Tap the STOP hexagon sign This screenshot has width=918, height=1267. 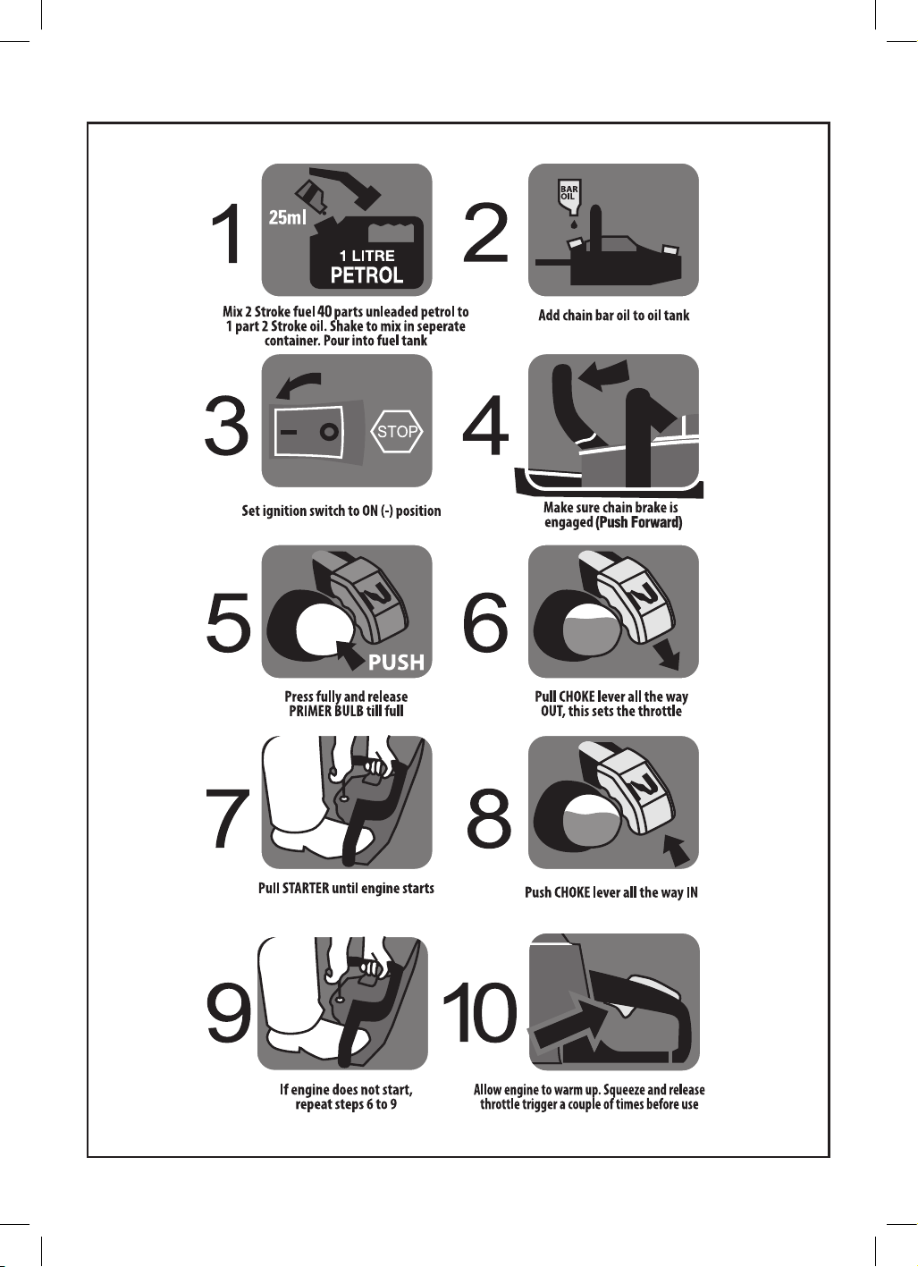point(397,432)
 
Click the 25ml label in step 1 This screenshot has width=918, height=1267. point(287,217)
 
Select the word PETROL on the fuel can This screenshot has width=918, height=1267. point(366,275)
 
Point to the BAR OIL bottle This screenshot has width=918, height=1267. point(569,197)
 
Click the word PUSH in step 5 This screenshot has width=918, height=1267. point(396,661)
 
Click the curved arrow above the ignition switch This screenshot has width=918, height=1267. point(298,385)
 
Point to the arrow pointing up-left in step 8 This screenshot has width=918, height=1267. point(677,851)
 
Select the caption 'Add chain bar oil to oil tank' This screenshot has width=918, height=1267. point(614,316)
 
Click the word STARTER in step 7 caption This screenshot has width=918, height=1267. point(306,888)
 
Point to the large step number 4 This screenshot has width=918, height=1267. point(485,426)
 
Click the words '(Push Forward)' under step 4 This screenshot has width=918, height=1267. point(638,522)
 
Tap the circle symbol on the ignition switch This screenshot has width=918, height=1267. point(329,433)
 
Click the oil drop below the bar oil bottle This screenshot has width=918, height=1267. point(574,224)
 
